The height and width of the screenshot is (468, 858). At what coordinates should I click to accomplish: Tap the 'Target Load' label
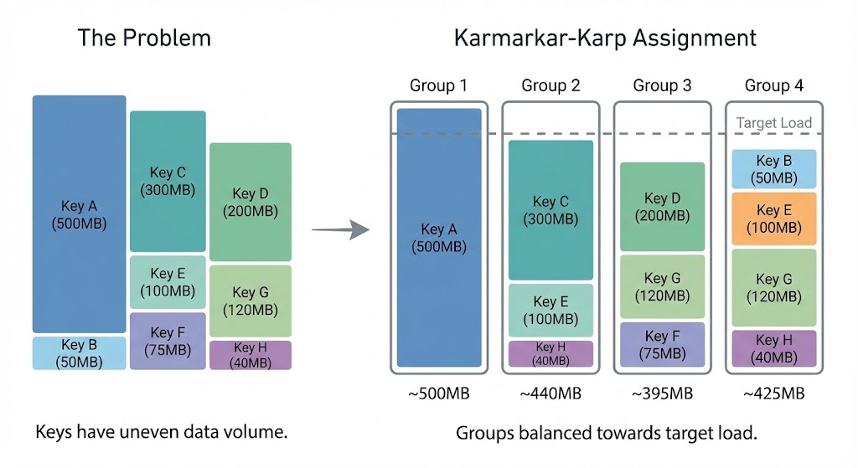pyautogui.click(x=773, y=123)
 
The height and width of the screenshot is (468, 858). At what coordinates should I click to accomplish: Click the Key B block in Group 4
pyautogui.click(x=773, y=169)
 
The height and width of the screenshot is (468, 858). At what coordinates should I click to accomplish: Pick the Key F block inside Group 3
pyautogui.click(x=662, y=344)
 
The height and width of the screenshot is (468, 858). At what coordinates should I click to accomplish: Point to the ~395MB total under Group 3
pyautogui.click(x=662, y=393)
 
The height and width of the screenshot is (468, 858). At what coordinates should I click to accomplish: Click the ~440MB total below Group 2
pyautogui.click(x=550, y=393)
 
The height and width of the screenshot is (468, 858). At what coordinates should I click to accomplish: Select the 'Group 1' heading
pyautogui.click(x=438, y=85)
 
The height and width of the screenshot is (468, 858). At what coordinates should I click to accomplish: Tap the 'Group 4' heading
pyautogui.click(x=773, y=85)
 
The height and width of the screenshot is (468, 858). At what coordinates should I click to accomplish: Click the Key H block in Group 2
pyautogui.click(x=550, y=353)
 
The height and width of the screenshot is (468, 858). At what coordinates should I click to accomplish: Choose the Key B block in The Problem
pyautogui.click(x=79, y=352)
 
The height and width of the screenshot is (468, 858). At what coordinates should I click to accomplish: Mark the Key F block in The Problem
pyautogui.click(x=168, y=342)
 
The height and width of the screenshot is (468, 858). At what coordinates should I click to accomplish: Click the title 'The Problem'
pyautogui.click(x=144, y=39)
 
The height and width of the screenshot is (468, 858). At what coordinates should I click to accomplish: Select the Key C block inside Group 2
pyautogui.click(x=550, y=209)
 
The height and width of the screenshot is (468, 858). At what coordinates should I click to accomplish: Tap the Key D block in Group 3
pyautogui.click(x=662, y=206)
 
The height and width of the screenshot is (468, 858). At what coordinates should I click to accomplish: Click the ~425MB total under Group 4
pyautogui.click(x=773, y=393)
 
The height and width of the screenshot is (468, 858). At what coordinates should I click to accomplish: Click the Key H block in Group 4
pyautogui.click(x=773, y=347)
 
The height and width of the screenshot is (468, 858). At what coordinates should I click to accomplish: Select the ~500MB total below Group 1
pyautogui.click(x=438, y=393)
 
